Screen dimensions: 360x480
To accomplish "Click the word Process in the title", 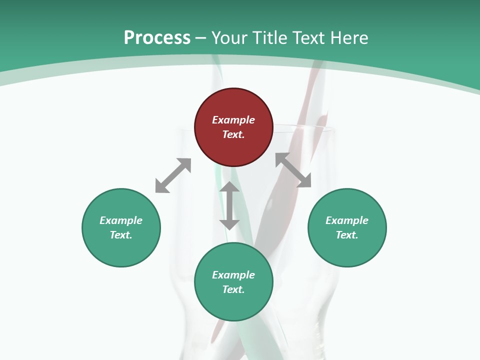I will [x=157, y=38].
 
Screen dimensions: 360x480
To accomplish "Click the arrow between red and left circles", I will [x=173, y=175].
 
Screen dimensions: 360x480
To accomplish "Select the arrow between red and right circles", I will [x=293, y=170].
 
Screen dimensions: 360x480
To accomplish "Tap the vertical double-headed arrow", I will [x=229, y=205].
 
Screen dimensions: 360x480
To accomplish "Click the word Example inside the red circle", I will [x=233, y=120].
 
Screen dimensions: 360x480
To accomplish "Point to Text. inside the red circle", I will [x=233, y=134].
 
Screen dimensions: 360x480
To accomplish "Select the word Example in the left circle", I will [x=121, y=220].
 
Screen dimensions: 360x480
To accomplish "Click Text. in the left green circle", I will [x=121, y=235].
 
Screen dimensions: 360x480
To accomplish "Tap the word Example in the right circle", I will [x=347, y=220].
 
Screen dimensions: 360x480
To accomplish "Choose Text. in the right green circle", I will [x=347, y=235].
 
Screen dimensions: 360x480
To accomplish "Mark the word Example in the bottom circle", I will [x=233, y=275].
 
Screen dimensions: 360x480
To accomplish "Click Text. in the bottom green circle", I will [x=233, y=289].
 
